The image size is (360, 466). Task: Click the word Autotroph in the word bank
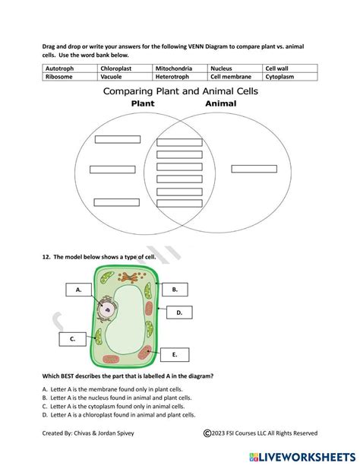pyautogui.click(x=60, y=68)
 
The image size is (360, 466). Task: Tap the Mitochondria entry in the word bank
pyautogui.click(x=172, y=68)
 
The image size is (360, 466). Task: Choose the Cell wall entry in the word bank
pyautogui.click(x=278, y=68)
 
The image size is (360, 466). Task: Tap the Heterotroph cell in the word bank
pyautogui.click(x=172, y=77)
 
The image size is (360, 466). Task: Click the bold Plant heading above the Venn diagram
pyautogui.click(x=143, y=103)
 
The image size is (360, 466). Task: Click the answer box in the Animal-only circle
pyautogui.click(x=254, y=169)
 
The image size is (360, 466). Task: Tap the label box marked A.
pyautogui.click(x=78, y=290)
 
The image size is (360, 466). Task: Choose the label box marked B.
pyautogui.click(x=175, y=289)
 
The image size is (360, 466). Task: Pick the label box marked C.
pyautogui.click(x=73, y=339)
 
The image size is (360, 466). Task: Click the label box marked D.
pyautogui.click(x=179, y=312)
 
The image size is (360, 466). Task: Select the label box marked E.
pyautogui.click(x=175, y=354)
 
